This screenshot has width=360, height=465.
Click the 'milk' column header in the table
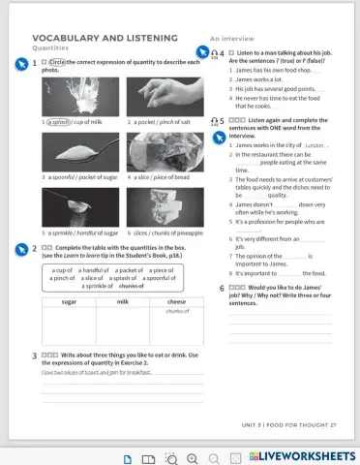point(123,302)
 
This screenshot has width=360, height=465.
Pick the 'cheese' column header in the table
point(176,302)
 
